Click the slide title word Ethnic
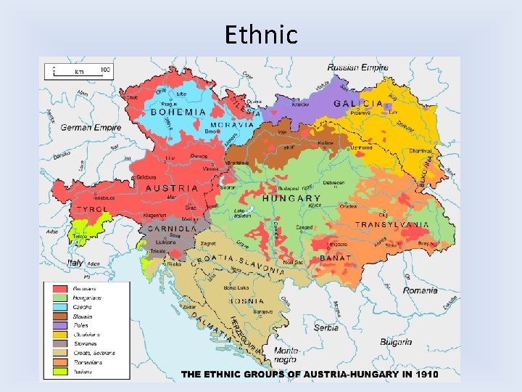click(261, 34)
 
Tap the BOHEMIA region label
click(179, 113)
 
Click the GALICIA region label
click(358, 104)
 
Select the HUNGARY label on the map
click(291, 198)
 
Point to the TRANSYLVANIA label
click(392, 226)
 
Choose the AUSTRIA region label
click(172, 188)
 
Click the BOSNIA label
click(247, 301)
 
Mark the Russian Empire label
click(357, 68)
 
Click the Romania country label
click(420, 290)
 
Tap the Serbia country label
click(326, 327)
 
